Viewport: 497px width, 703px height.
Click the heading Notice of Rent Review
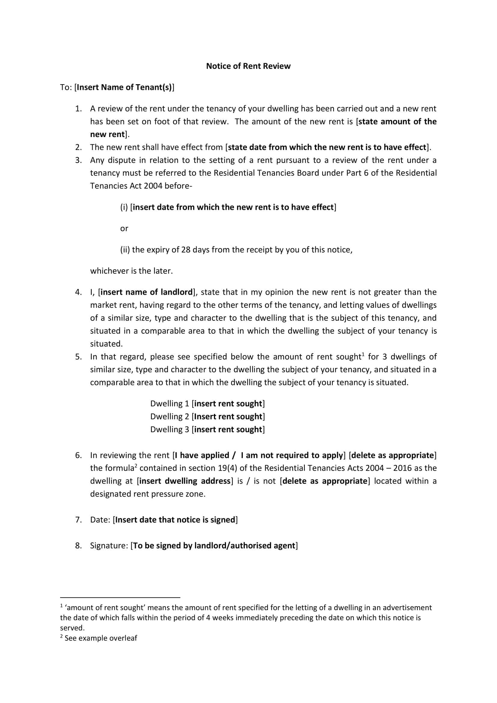(248, 66)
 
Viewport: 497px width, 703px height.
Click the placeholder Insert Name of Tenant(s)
(124, 87)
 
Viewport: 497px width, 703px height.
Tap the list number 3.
(78, 160)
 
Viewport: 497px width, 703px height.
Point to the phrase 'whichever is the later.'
(131, 271)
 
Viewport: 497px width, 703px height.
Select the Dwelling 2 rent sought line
(208, 416)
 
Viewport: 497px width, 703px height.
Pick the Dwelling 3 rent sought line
(208, 429)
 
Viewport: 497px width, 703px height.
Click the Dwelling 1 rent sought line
(208, 404)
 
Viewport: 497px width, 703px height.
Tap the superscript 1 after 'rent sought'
(363, 355)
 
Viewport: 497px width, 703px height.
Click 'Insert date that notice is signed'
(175, 520)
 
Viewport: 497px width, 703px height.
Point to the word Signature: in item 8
(109, 546)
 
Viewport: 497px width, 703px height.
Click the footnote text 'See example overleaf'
(101, 638)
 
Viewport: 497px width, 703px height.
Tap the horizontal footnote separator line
(120, 597)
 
